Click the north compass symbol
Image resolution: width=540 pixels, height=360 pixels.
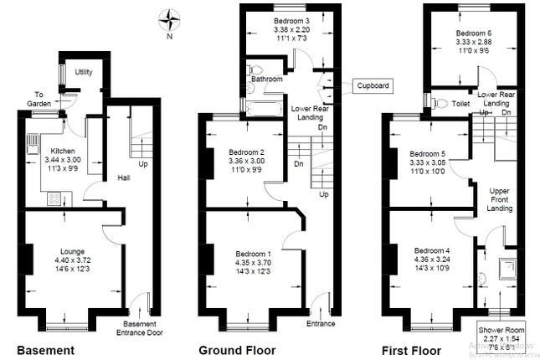tap(172, 18)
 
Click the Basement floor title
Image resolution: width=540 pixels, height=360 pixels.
tap(47, 349)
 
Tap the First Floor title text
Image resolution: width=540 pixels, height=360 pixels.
tap(410, 349)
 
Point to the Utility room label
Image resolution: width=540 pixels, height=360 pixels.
tap(84, 72)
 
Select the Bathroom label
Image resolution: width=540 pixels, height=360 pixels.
tap(264, 80)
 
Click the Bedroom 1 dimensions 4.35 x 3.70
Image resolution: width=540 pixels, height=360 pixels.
tap(252, 263)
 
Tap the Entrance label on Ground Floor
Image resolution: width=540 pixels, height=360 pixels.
tap(320, 323)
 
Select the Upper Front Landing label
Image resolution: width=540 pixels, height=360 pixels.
tap(500, 199)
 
